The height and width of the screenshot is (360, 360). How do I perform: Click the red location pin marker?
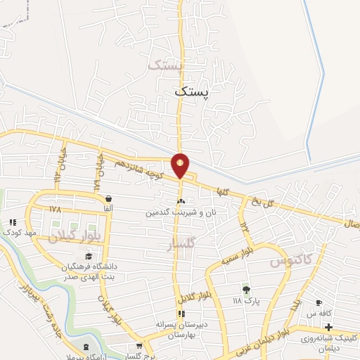click(x=181, y=165)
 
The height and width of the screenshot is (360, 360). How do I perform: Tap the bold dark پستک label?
click(x=193, y=91)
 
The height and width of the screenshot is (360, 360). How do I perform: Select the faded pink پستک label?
click(x=166, y=65)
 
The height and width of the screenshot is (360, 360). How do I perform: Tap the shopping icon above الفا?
click(x=108, y=198)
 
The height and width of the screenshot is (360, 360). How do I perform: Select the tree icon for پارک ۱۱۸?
click(x=245, y=290)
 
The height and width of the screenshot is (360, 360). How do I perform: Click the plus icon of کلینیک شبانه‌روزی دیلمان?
click(x=328, y=327)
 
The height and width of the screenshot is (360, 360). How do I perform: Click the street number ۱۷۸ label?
click(x=56, y=209)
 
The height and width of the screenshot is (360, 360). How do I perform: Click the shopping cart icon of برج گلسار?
click(x=139, y=345)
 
